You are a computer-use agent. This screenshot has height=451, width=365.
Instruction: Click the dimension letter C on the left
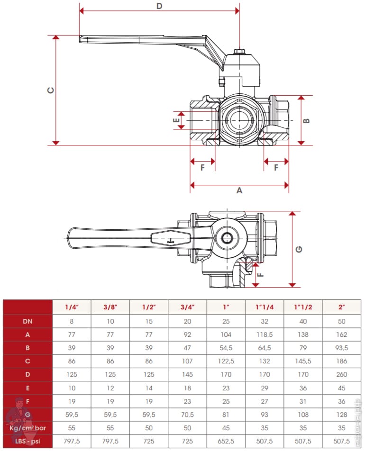tap(51, 90)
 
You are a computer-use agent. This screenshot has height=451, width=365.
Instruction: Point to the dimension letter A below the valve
tap(239, 190)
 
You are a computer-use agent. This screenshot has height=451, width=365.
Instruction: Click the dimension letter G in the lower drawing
tap(299, 249)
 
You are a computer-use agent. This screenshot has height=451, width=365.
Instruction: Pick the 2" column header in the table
tap(341, 307)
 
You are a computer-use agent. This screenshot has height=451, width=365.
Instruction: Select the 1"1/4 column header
tap(264, 307)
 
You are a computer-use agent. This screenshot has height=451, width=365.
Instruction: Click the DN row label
tap(28, 321)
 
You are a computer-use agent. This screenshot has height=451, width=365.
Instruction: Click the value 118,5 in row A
tap(264, 334)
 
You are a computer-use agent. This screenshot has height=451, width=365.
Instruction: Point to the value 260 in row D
tap(341, 375)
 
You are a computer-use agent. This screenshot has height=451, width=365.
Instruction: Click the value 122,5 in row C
tap(226, 361)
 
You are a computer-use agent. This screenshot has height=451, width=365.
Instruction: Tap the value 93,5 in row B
tap(341, 348)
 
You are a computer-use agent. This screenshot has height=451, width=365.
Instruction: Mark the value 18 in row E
tap(187, 388)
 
